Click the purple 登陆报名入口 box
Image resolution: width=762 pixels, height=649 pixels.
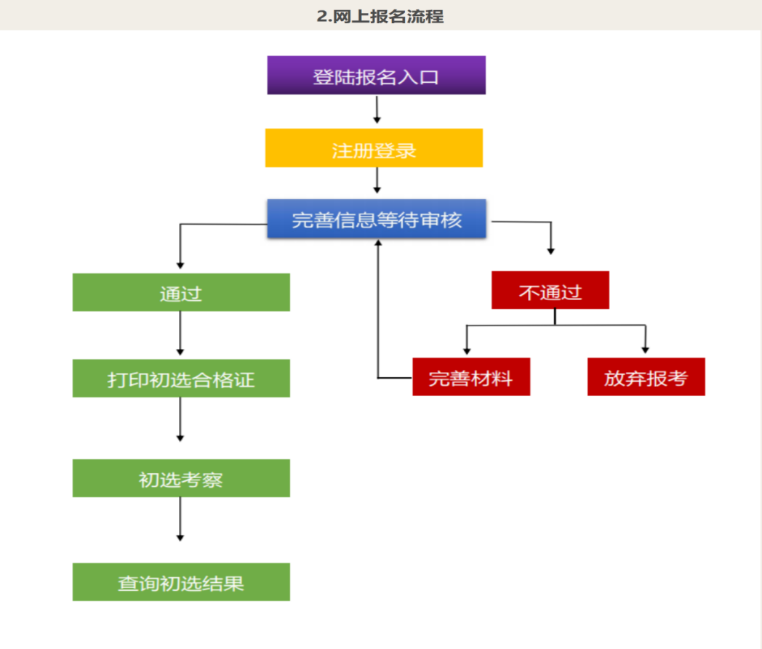click(x=376, y=76)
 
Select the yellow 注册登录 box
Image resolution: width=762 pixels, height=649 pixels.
click(x=374, y=148)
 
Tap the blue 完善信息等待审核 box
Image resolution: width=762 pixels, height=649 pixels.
click(x=377, y=219)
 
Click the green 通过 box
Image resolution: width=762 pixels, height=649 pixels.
click(x=181, y=292)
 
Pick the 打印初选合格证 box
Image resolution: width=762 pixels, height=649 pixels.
click(x=181, y=378)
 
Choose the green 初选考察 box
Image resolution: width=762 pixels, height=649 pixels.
click(x=181, y=478)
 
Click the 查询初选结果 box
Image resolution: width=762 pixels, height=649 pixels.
click(x=181, y=582)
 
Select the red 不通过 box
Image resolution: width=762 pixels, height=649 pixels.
click(x=550, y=290)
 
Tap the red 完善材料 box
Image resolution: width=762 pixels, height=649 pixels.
click(x=471, y=376)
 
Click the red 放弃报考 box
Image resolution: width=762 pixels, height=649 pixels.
click(x=646, y=376)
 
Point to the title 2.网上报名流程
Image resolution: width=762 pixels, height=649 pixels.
click(x=380, y=15)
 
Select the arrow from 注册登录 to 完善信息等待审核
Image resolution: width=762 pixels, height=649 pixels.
click(x=377, y=180)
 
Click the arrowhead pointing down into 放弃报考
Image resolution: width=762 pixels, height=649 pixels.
click(x=645, y=350)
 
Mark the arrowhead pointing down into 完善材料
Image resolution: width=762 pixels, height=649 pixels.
click(x=467, y=350)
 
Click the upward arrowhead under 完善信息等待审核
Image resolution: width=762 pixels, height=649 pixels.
click(x=378, y=243)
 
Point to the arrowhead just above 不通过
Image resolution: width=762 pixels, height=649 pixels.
click(x=550, y=250)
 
